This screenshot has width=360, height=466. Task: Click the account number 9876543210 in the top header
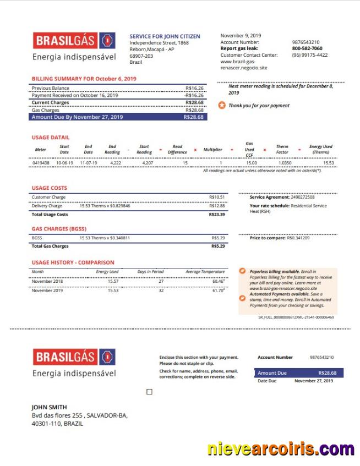(x=306, y=42)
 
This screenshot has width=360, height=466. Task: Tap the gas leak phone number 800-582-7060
(x=307, y=48)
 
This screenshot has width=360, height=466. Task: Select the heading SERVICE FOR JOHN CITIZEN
(x=165, y=36)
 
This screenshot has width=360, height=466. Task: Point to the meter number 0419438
(x=41, y=163)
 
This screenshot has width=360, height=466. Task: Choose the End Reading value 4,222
(x=116, y=163)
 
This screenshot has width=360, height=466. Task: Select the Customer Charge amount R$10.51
(x=217, y=197)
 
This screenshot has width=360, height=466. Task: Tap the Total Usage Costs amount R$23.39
(x=217, y=215)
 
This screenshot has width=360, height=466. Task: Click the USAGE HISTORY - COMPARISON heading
(x=73, y=262)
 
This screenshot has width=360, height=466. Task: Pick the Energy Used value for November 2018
(x=113, y=281)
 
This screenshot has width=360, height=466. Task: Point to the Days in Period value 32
(x=161, y=290)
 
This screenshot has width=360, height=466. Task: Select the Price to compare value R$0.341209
(x=298, y=238)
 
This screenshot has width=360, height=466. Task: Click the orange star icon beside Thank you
(x=222, y=105)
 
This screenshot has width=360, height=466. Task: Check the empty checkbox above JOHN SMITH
(x=149, y=392)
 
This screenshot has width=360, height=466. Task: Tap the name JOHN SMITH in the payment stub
(x=49, y=407)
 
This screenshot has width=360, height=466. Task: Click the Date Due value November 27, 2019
(x=313, y=381)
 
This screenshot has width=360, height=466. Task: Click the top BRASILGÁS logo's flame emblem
(x=108, y=41)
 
